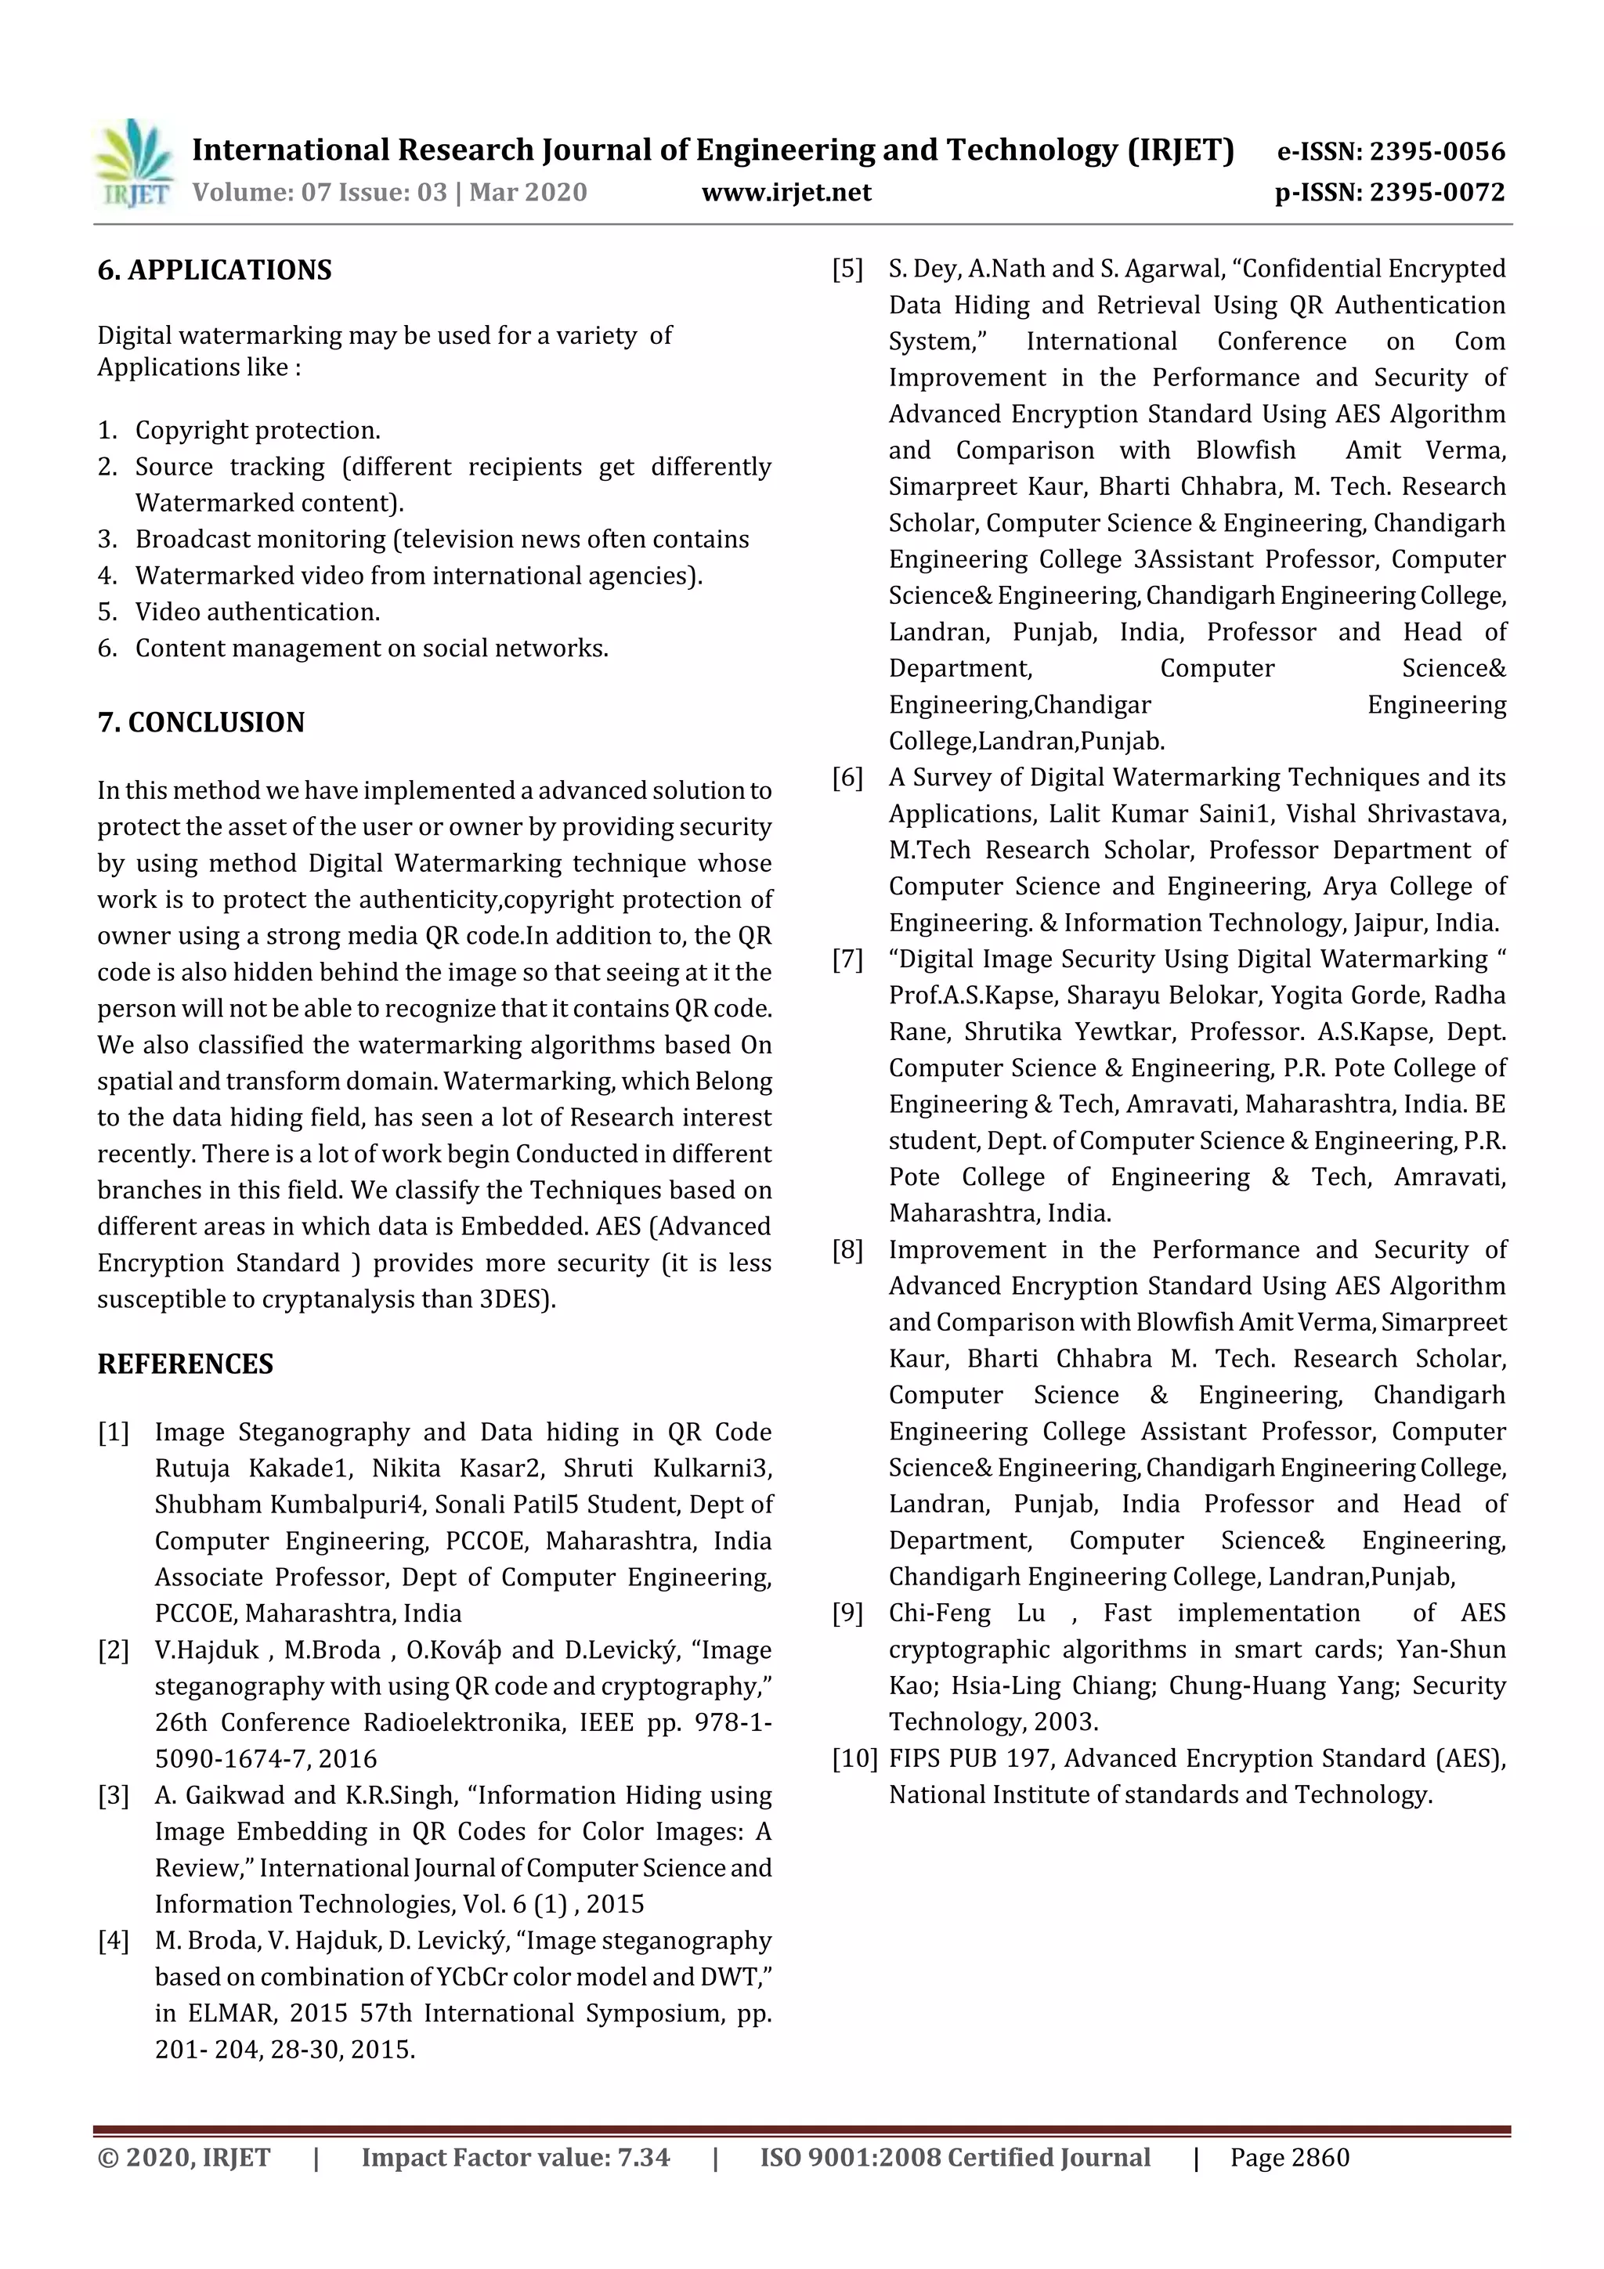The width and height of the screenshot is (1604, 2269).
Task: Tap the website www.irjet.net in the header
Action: (786, 192)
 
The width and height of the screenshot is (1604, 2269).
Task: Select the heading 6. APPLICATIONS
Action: (215, 269)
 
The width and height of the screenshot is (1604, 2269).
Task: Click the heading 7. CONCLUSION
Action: (200, 722)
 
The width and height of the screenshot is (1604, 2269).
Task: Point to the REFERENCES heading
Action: (185, 1364)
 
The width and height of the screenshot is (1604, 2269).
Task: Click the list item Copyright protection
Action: (257, 430)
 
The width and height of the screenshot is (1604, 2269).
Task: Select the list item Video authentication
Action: (257, 612)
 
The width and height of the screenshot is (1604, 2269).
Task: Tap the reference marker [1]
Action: (114, 1432)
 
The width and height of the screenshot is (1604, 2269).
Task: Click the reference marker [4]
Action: (114, 1940)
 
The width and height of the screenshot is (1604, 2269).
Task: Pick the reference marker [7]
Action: (847, 959)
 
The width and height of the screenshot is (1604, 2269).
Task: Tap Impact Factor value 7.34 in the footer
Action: (515, 2157)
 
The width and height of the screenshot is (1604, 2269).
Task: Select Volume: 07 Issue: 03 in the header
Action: (320, 192)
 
